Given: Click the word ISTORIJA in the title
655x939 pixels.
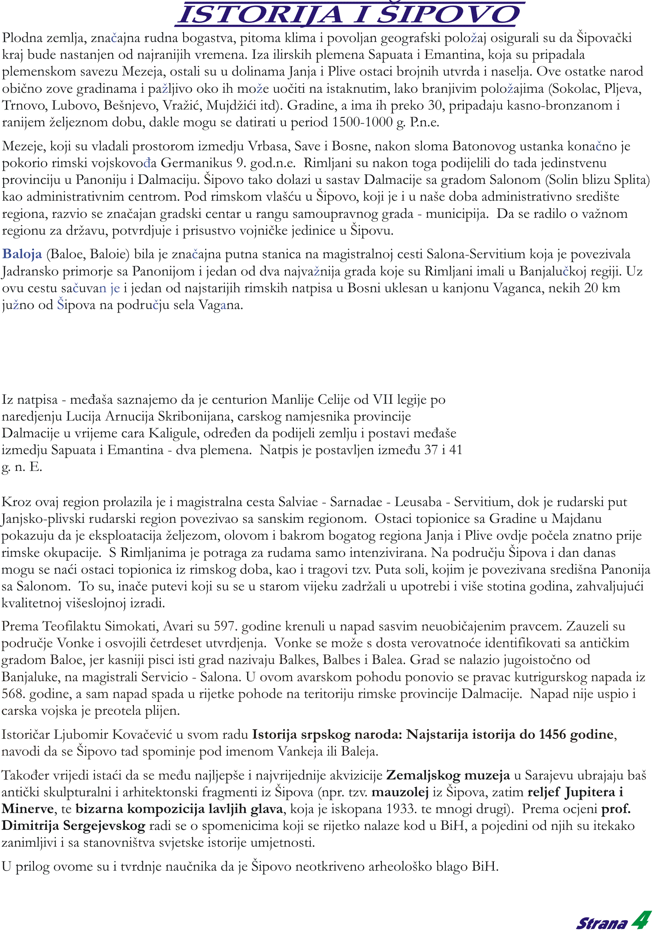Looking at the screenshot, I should coord(260,15).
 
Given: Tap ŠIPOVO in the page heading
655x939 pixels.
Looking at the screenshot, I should coord(448,15).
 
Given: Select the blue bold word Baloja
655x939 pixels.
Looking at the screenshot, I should coord(22,254).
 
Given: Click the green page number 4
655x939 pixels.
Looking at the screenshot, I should coord(641,920).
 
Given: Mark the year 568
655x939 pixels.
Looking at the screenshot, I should coord(14,694).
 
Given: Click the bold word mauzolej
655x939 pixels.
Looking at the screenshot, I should coord(400,792).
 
